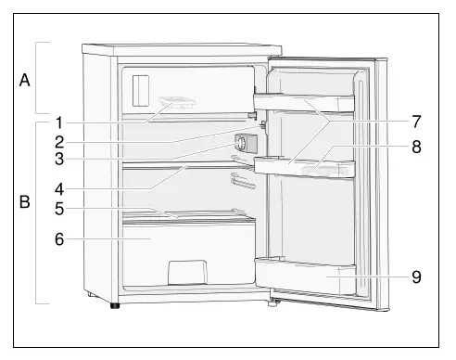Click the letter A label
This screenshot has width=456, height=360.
coord(25,80)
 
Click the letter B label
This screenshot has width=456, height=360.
coord(25,199)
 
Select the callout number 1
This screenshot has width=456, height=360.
coord(57,122)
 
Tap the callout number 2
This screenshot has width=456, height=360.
coord(57,142)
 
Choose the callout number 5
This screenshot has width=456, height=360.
coord(57,209)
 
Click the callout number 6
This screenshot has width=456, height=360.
coord(57,238)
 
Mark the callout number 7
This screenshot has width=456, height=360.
coord(416,122)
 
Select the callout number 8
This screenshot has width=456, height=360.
coord(416,146)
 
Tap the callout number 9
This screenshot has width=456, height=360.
coord(416,276)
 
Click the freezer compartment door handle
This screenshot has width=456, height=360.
coord(140,91)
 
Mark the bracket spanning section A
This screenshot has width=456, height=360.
coord(38,80)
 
